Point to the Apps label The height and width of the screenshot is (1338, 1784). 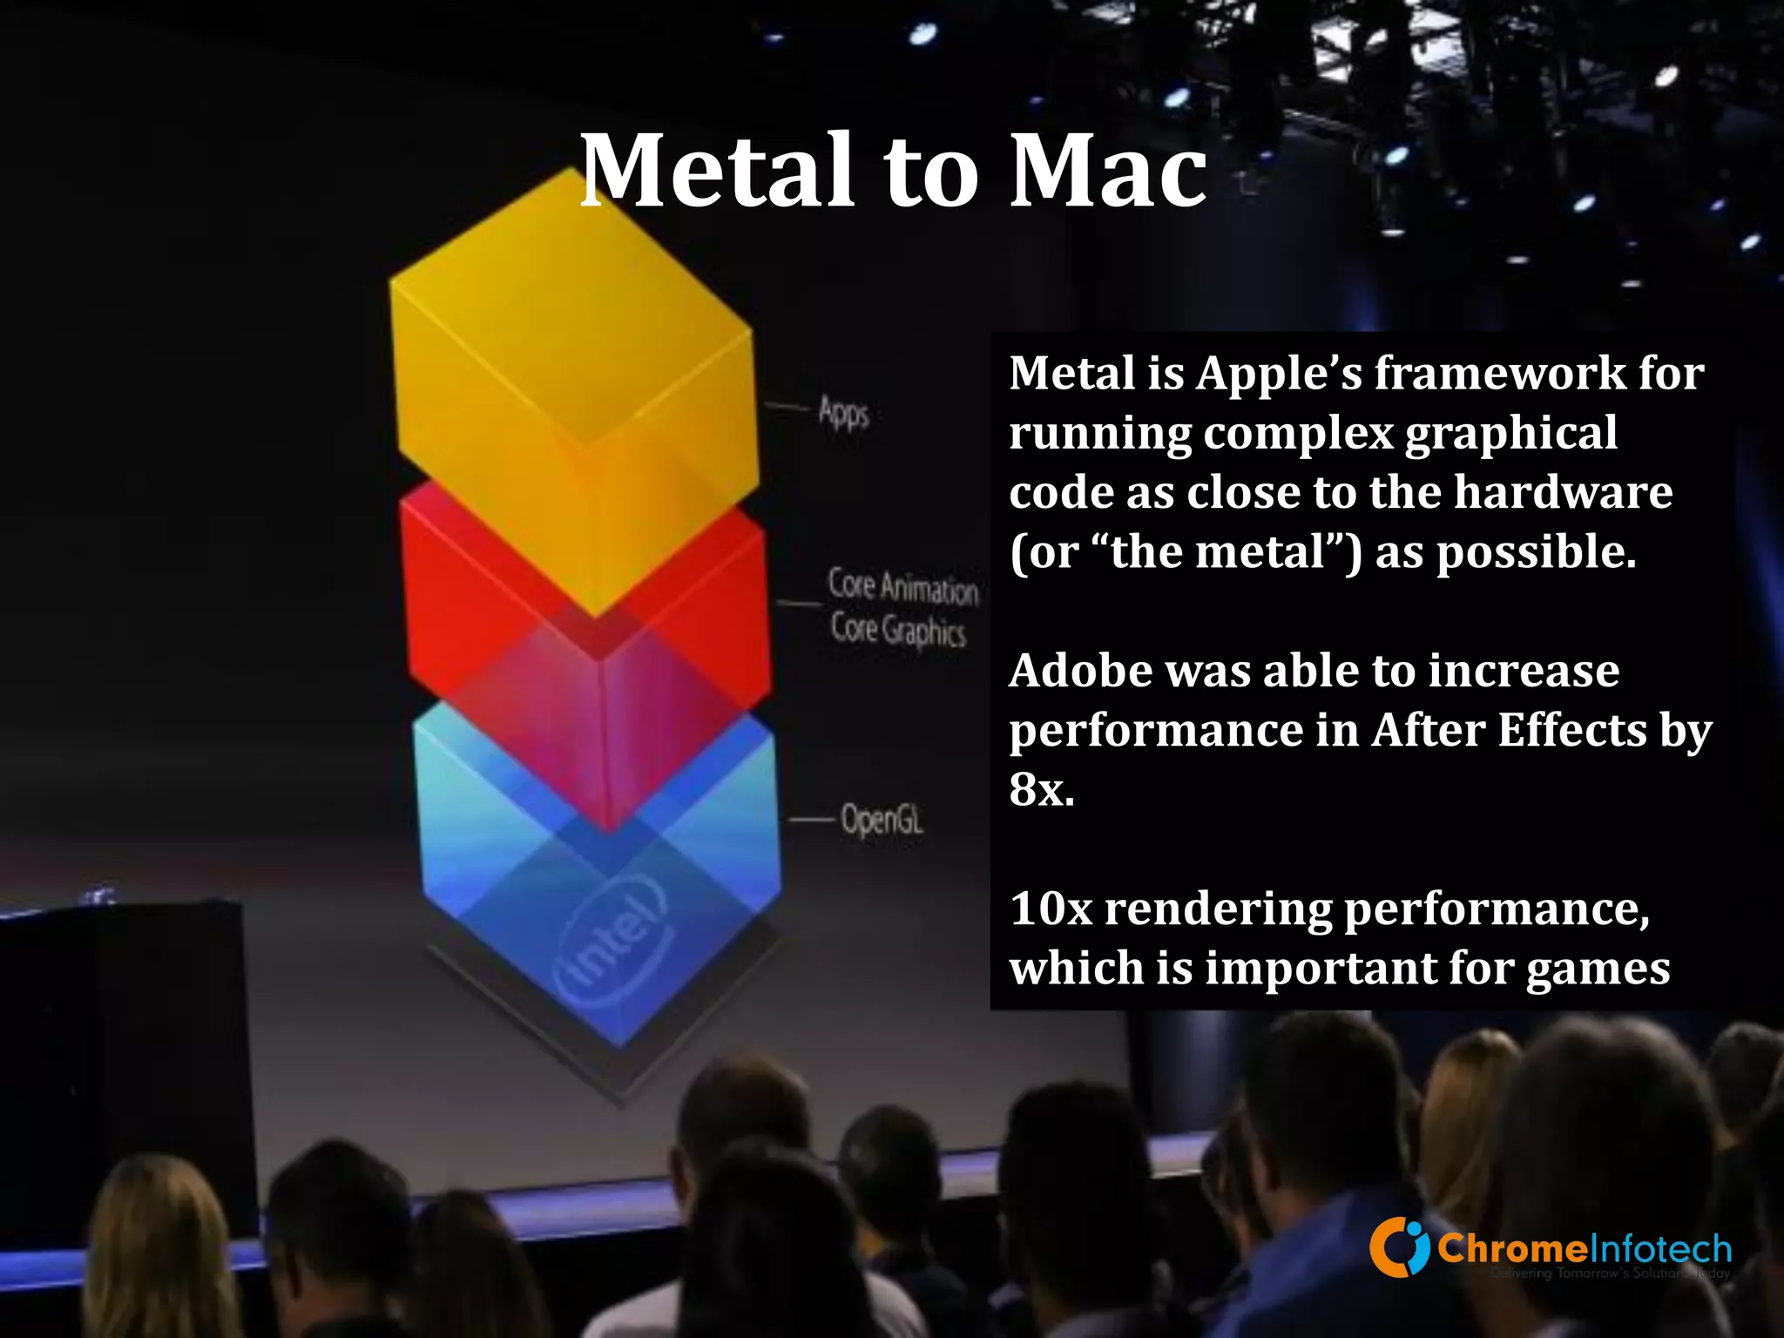click(x=843, y=411)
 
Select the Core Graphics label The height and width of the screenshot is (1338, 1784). click(x=898, y=629)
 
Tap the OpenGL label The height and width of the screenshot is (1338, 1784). click(x=882, y=820)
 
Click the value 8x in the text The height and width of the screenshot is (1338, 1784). click(x=1042, y=789)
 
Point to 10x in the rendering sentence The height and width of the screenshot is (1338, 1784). click(x=1051, y=909)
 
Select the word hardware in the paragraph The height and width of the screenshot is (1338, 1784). click(x=1563, y=492)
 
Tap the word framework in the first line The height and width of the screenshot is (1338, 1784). click(x=1499, y=373)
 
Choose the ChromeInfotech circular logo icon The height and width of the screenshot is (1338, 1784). click(x=1399, y=1247)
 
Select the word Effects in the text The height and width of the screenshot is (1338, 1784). click(x=1572, y=730)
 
